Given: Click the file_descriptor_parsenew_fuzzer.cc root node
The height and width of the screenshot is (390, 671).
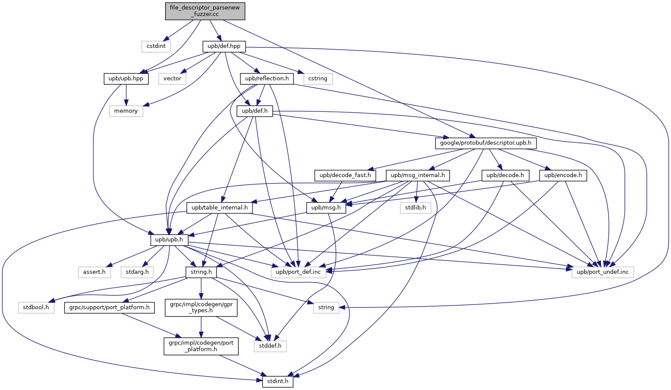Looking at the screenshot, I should (205, 11).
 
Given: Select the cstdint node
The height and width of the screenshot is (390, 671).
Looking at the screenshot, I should (156, 46).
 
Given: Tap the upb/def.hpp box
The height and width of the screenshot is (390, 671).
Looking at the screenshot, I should (224, 46).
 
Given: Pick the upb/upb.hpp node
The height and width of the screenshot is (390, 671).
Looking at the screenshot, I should (126, 79).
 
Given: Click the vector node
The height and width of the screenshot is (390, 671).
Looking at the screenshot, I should (173, 79).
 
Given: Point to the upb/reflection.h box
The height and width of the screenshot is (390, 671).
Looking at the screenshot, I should (267, 79).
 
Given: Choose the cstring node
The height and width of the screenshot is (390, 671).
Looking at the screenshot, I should (318, 79).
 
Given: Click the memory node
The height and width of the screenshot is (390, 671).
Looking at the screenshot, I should (126, 111).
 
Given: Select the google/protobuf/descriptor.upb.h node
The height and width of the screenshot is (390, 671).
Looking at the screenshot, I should (486, 143).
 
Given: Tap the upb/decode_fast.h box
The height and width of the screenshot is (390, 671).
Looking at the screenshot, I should (345, 175).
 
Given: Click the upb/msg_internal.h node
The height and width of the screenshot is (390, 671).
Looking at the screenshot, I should (418, 175).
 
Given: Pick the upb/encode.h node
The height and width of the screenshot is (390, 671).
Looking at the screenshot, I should (563, 175).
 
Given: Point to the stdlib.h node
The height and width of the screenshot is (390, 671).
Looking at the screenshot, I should (415, 208).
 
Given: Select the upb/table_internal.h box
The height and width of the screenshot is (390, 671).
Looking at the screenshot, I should (220, 208).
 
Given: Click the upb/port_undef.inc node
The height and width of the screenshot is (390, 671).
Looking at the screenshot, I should (603, 272).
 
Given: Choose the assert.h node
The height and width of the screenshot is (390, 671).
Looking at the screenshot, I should (94, 272).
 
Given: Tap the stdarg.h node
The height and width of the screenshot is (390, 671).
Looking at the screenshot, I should (137, 272).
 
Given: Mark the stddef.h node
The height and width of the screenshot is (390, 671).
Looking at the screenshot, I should (270, 346).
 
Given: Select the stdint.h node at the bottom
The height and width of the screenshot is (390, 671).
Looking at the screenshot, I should (278, 382).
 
